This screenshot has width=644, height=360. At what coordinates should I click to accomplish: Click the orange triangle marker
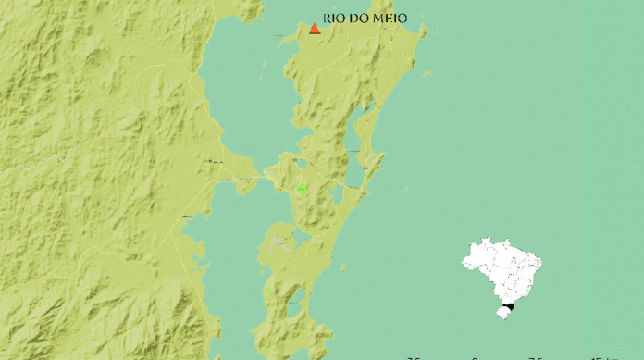tap(315, 29)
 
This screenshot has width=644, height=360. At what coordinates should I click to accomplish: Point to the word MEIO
tap(390, 18)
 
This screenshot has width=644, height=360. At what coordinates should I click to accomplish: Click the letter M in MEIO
tap(378, 18)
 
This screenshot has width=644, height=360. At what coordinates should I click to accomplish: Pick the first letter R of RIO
tap(328, 18)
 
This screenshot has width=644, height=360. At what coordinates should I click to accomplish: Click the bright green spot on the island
tap(302, 189)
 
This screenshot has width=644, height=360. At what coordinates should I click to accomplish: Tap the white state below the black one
tap(502, 313)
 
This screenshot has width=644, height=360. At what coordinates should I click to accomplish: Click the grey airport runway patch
tap(281, 243)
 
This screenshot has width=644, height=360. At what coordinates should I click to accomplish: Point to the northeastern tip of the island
tap(424, 30)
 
